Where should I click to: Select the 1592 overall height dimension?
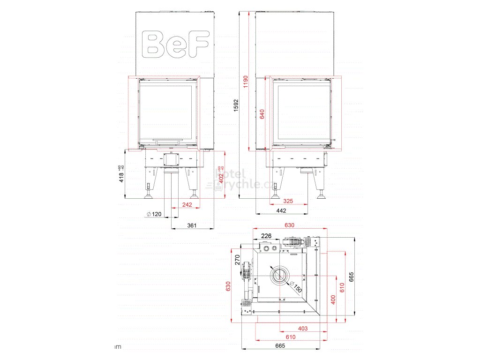236,106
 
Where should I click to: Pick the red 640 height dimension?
262,114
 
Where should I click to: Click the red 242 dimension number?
187,204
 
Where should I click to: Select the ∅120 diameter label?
154,214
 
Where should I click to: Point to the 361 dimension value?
191,225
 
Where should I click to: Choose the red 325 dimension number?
288,201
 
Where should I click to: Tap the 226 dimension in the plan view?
266,236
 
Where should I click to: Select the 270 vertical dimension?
237,260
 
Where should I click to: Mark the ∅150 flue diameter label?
294,287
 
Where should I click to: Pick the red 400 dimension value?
333,299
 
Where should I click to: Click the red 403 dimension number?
302,329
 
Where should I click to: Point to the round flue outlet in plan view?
280,275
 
